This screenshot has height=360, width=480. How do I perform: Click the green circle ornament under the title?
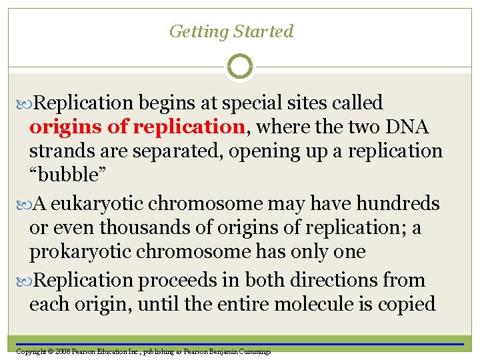[x=240, y=67]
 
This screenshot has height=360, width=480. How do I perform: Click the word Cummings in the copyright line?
[x=254, y=351]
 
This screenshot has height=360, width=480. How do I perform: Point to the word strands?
[x=60, y=151]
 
